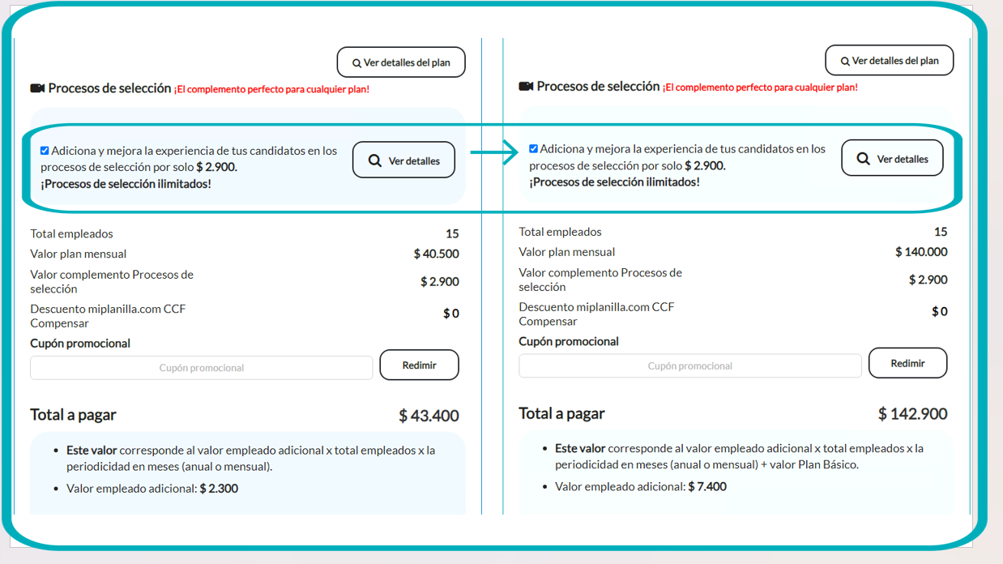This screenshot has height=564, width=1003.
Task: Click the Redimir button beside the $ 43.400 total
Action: [x=419, y=365]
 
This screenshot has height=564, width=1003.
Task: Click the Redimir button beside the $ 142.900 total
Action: [x=907, y=363]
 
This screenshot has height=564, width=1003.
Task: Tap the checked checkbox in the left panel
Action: [x=45, y=151]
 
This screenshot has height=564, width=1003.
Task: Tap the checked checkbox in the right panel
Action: [x=533, y=149]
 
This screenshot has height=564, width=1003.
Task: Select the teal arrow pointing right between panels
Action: [x=493, y=152]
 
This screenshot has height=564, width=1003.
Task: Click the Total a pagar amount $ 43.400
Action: [x=429, y=416]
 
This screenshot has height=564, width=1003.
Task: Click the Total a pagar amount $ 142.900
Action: [x=912, y=414]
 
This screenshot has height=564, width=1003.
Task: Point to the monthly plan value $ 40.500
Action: [x=436, y=254]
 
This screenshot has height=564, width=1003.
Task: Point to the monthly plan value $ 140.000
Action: [x=921, y=252]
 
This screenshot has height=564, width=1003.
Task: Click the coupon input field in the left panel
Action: [x=201, y=368]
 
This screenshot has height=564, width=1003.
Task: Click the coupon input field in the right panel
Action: [x=689, y=366]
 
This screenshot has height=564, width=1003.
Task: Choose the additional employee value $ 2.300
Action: [x=219, y=489]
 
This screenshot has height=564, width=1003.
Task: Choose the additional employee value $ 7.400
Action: [x=707, y=487]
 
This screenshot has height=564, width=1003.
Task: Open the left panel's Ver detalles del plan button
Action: [x=401, y=62]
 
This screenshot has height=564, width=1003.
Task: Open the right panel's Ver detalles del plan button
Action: [x=889, y=61]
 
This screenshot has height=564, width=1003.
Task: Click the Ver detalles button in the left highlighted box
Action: [x=403, y=160]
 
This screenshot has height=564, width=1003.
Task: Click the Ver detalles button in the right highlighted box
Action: [x=892, y=159]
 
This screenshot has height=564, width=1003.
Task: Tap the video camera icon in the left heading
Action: [x=37, y=88]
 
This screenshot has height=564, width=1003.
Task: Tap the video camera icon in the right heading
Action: [x=526, y=87]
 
